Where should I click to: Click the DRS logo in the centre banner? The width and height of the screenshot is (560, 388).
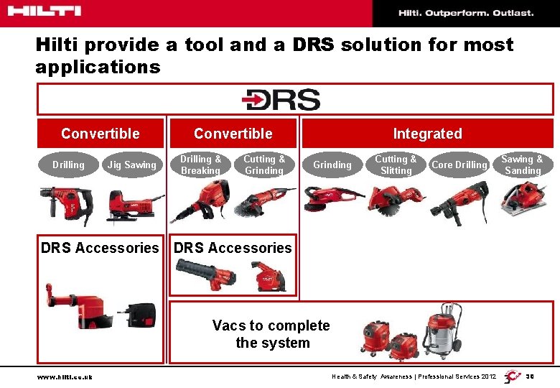(281, 100)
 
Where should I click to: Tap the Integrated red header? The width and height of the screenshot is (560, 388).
(427, 134)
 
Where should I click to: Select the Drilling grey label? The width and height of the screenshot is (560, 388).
(68, 165)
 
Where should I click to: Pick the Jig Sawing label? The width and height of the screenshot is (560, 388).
(131, 165)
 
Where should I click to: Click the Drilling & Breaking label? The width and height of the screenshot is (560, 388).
(200, 165)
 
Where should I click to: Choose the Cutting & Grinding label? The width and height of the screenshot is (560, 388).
(264, 165)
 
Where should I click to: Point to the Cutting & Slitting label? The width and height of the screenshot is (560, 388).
(396, 165)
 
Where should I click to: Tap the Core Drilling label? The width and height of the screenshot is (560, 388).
(459, 165)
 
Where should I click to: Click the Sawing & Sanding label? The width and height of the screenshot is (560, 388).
(522, 165)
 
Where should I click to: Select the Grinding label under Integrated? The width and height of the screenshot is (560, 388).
(332, 165)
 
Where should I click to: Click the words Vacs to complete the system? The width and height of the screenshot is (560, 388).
(271, 334)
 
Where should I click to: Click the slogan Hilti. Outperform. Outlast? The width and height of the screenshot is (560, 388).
(466, 13)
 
